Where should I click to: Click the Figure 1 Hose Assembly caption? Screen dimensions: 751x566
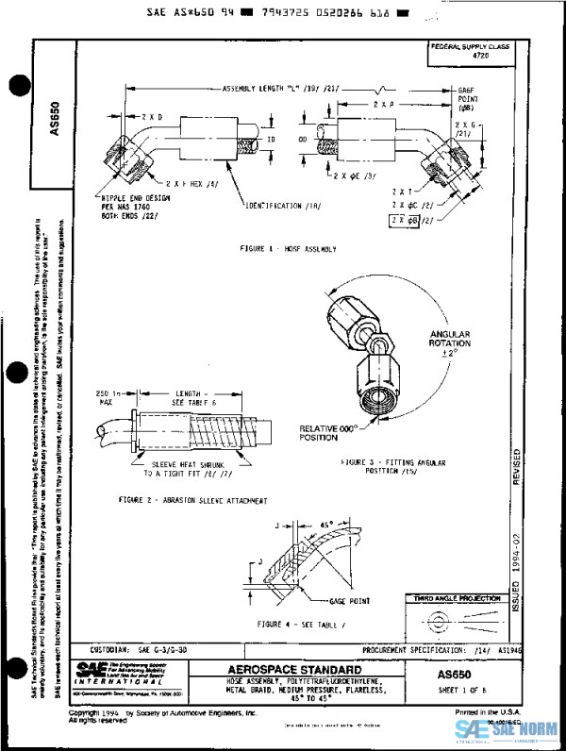point(289,249)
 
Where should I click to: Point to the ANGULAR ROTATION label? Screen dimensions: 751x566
point(449,342)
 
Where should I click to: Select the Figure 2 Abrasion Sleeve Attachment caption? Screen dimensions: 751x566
point(193,499)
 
